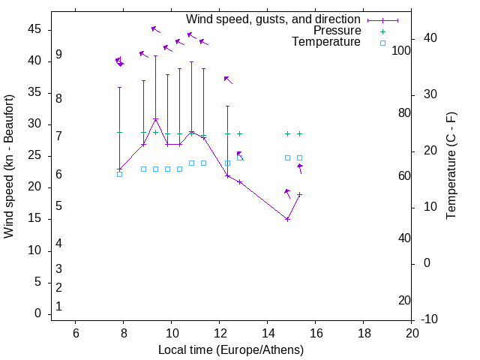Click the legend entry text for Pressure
click(x=337, y=31)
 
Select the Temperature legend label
click(x=326, y=43)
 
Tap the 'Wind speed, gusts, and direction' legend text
click(x=273, y=19)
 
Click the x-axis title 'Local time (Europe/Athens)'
click(x=231, y=350)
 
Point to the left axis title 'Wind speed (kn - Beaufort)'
click(x=9, y=166)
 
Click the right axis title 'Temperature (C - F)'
click(x=451, y=166)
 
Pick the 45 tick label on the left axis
click(x=34, y=29)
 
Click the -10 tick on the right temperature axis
click(x=430, y=319)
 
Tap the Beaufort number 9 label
click(x=58, y=55)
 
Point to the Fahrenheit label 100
click(x=401, y=51)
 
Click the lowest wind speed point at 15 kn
click(x=287, y=219)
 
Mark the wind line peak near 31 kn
click(x=155, y=119)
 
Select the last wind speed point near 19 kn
click(x=299, y=194)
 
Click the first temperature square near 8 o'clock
click(x=119, y=174)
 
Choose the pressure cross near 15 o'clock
click(x=287, y=133)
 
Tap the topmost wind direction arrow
click(x=155, y=29)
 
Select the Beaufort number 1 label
click(x=58, y=307)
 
